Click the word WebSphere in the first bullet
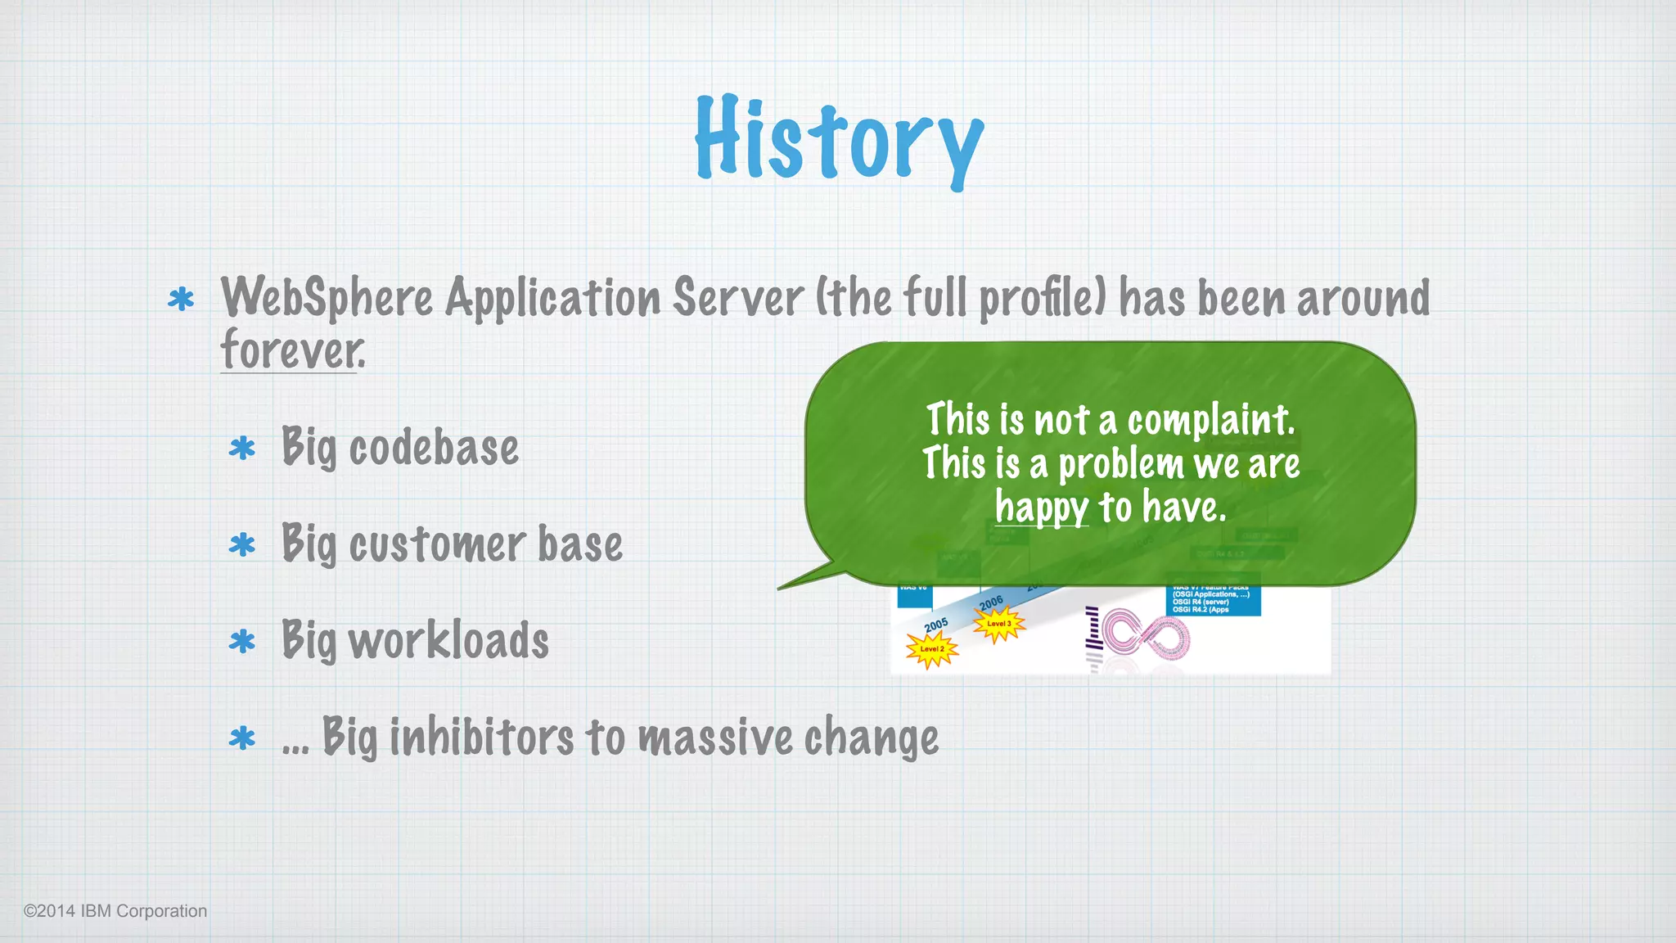click(x=327, y=298)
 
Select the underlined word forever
click(x=292, y=350)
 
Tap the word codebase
click(x=434, y=448)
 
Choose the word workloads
click(x=448, y=640)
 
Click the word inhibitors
click(x=481, y=737)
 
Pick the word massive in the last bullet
click(x=715, y=737)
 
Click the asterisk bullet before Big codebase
click(x=242, y=449)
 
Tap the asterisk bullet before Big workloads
click(x=242, y=642)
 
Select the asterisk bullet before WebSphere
click(x=181, y=300)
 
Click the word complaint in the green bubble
click(x=1211, y=421)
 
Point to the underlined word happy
click(x=1042, y=508)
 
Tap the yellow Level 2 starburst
click(x=931, y=650)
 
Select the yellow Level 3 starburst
click(x=998, y=625)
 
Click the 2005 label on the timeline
click(x=936, y=625)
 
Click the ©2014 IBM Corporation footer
click(x=115, y=911)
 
